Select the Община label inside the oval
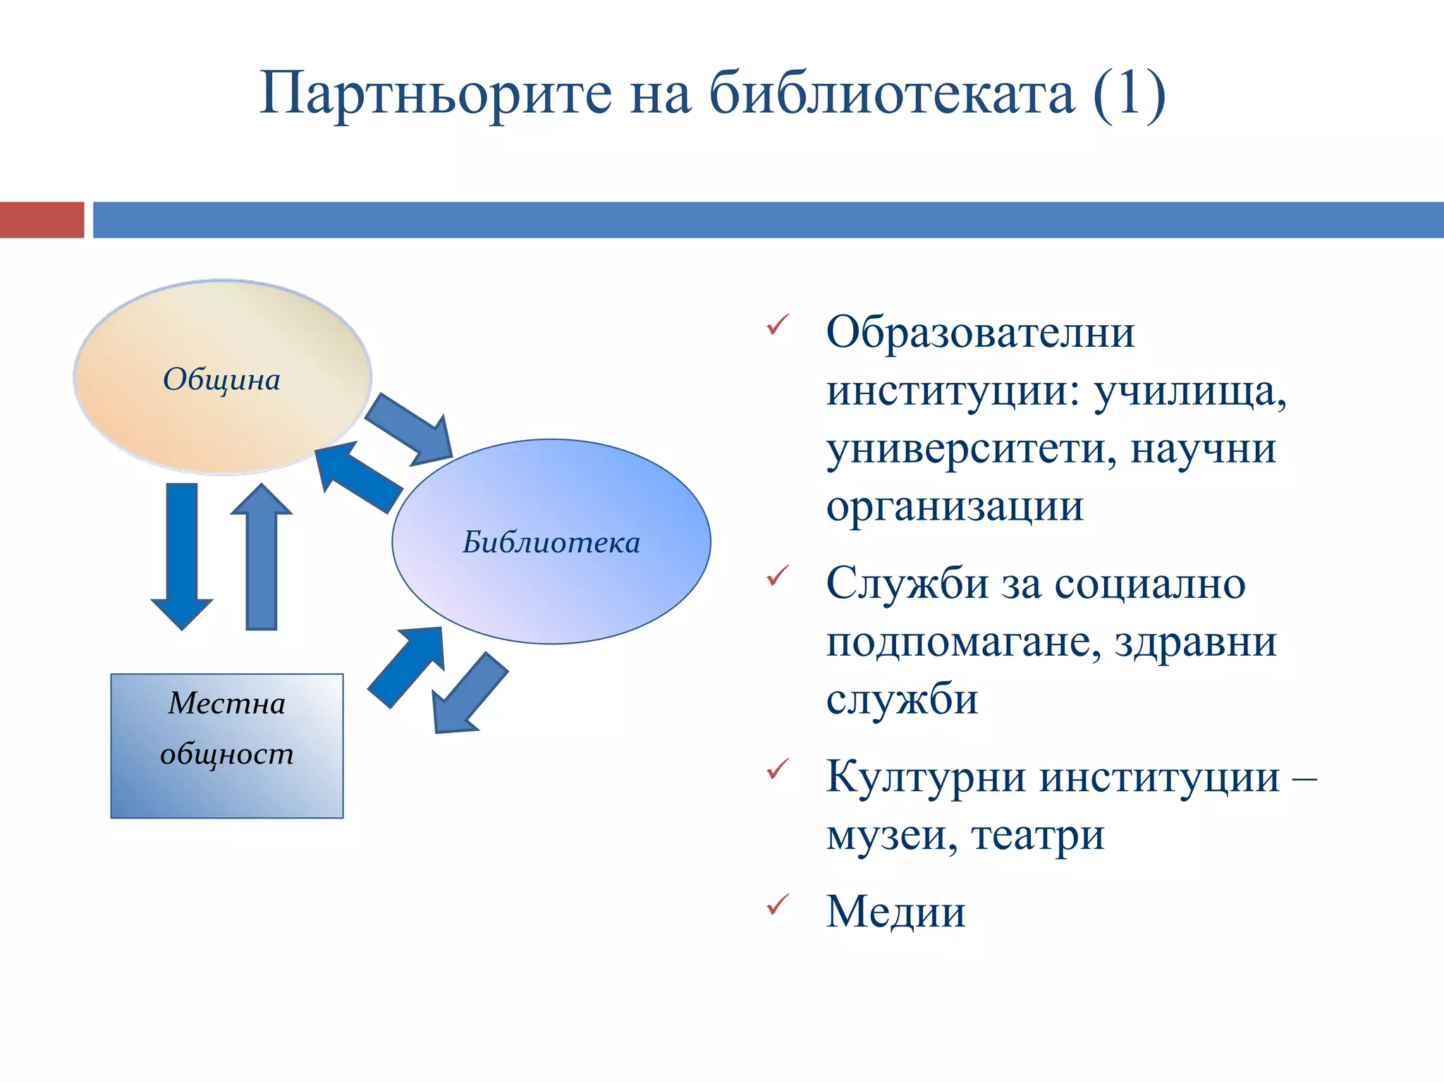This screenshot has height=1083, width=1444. [222, 379]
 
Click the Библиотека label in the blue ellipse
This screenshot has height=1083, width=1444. [551, 542]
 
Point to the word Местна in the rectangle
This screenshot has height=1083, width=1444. [227, 703]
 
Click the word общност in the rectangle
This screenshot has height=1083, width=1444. [227, 754]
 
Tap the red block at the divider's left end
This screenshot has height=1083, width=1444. [41, 220]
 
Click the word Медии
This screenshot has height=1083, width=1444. [895, 912]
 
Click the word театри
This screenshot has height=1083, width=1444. [1037, 836]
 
